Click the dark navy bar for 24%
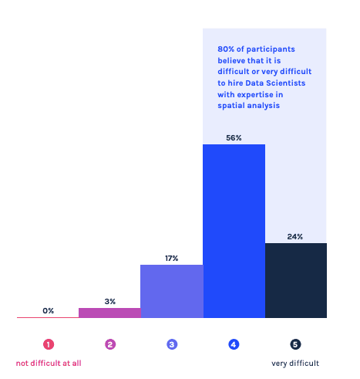pos(295,279)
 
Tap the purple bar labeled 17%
pos(171,290)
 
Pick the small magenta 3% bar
pos(109,313)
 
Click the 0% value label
pos(48,310)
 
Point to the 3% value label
pos(109,300)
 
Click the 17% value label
pos(171,258)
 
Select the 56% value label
pos(234,137)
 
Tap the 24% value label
pos(295,236)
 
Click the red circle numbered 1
pos(48,344)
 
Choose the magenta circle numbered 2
pos(109,344)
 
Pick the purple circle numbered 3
pos(171,344)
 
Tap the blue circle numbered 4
pos(234,344)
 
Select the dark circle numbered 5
pos(295,344)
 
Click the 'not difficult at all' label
pos(49,363)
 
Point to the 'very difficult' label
pos(295,363)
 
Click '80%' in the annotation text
pos(226,48)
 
